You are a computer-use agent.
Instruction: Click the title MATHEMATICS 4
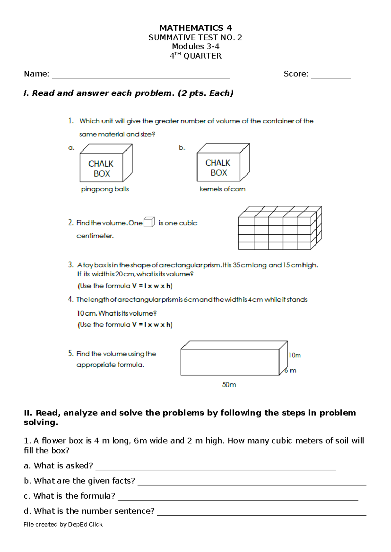(x=195, y=28)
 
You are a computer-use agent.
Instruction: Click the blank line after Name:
(x=141, y=77)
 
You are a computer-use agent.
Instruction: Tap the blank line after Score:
(x=331, y=77)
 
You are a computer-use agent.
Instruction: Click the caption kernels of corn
(x=223, y=189)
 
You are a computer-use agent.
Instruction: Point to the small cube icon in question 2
(x=149, y=222)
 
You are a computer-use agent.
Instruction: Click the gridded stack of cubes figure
(x=280, y=228)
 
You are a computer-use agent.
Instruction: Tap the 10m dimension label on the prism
(x=295, y=355)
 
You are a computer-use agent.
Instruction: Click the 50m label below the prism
(x=229, y=385)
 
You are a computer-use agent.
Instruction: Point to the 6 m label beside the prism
(x=291, y=370)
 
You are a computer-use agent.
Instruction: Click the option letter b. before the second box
(x=182, y=148)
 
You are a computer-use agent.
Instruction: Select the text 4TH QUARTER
(x=195, y=56)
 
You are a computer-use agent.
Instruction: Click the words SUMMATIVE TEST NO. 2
(x=195, y=37)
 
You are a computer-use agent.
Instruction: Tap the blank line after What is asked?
(x=215, y=469)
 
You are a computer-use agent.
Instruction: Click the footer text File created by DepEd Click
(x=63, y=524)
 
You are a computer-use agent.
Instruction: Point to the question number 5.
(x=71, y=353)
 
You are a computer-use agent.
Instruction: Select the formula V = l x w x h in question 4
(x=152, y=325)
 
